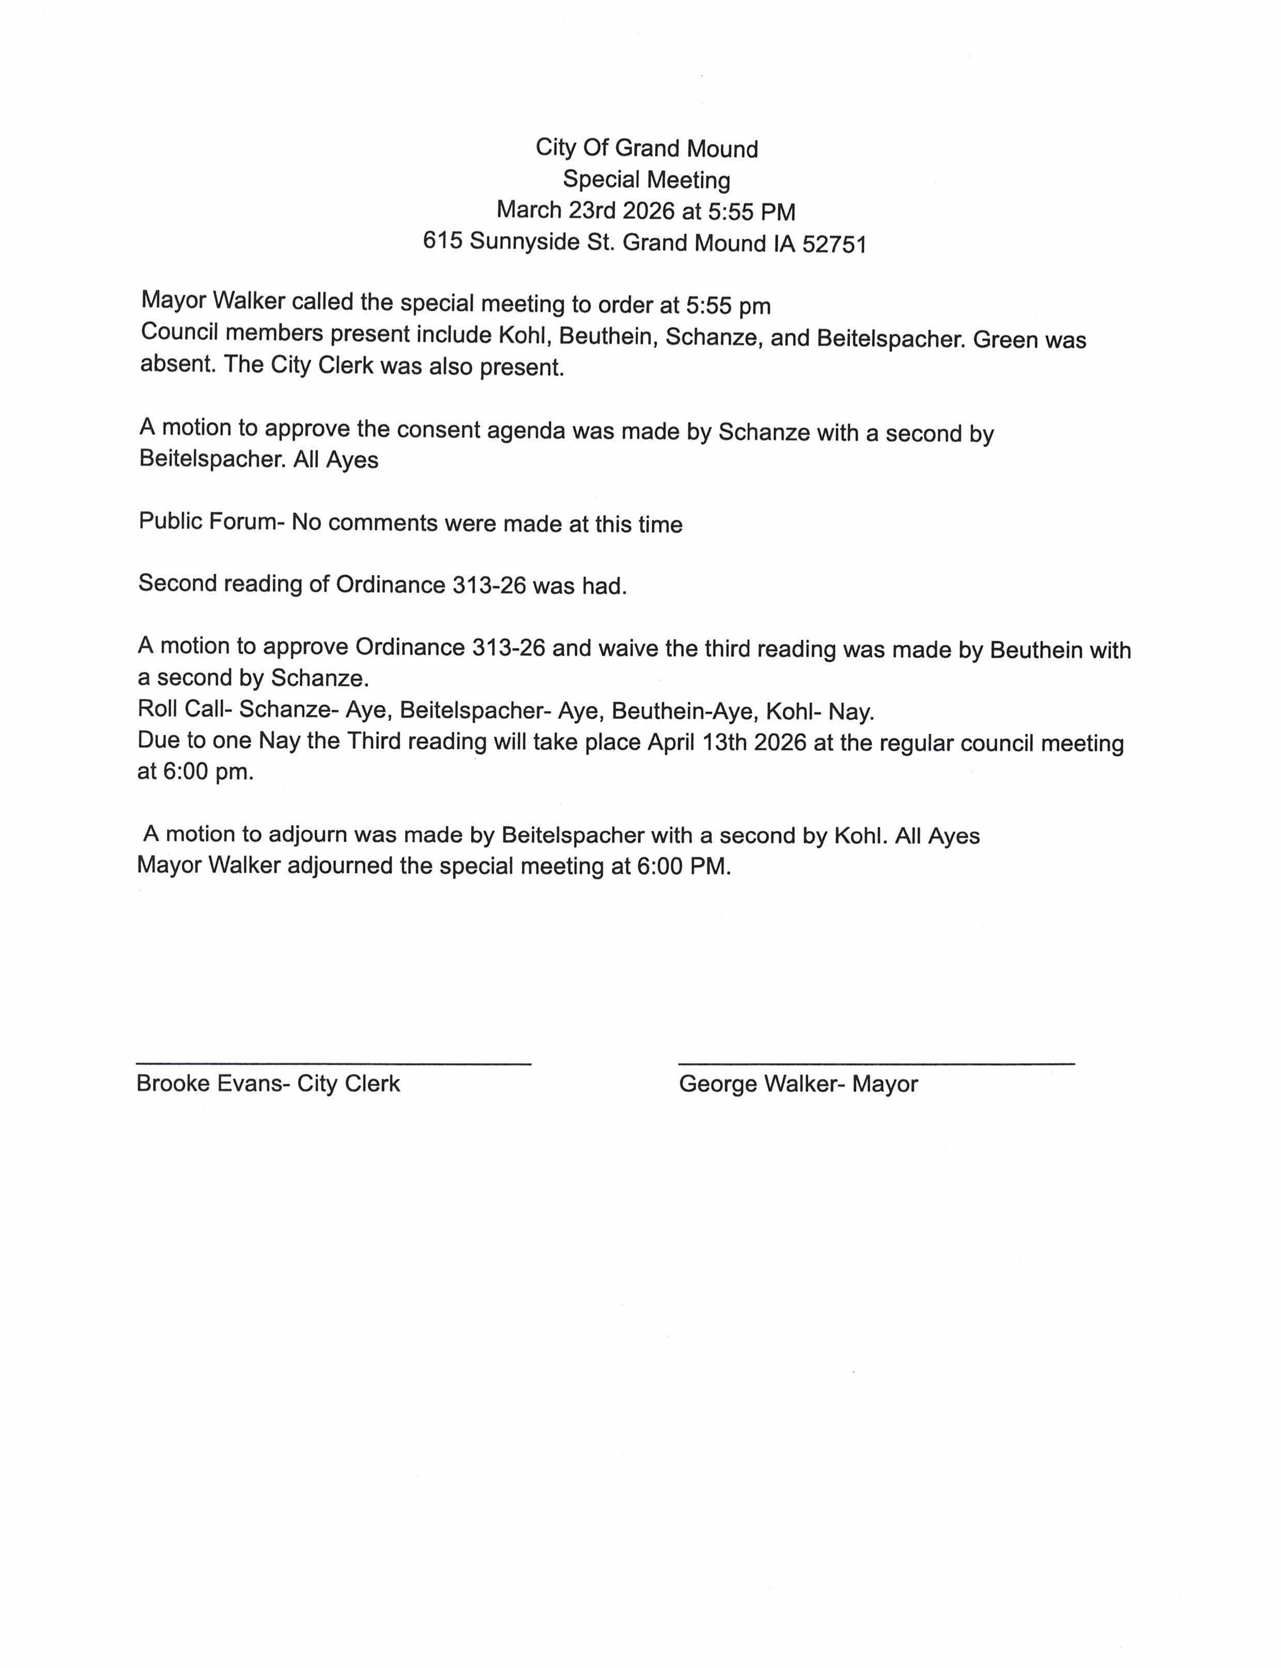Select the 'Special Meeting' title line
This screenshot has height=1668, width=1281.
coord(646,180)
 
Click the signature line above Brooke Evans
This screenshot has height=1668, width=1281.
coord(333,1064)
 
